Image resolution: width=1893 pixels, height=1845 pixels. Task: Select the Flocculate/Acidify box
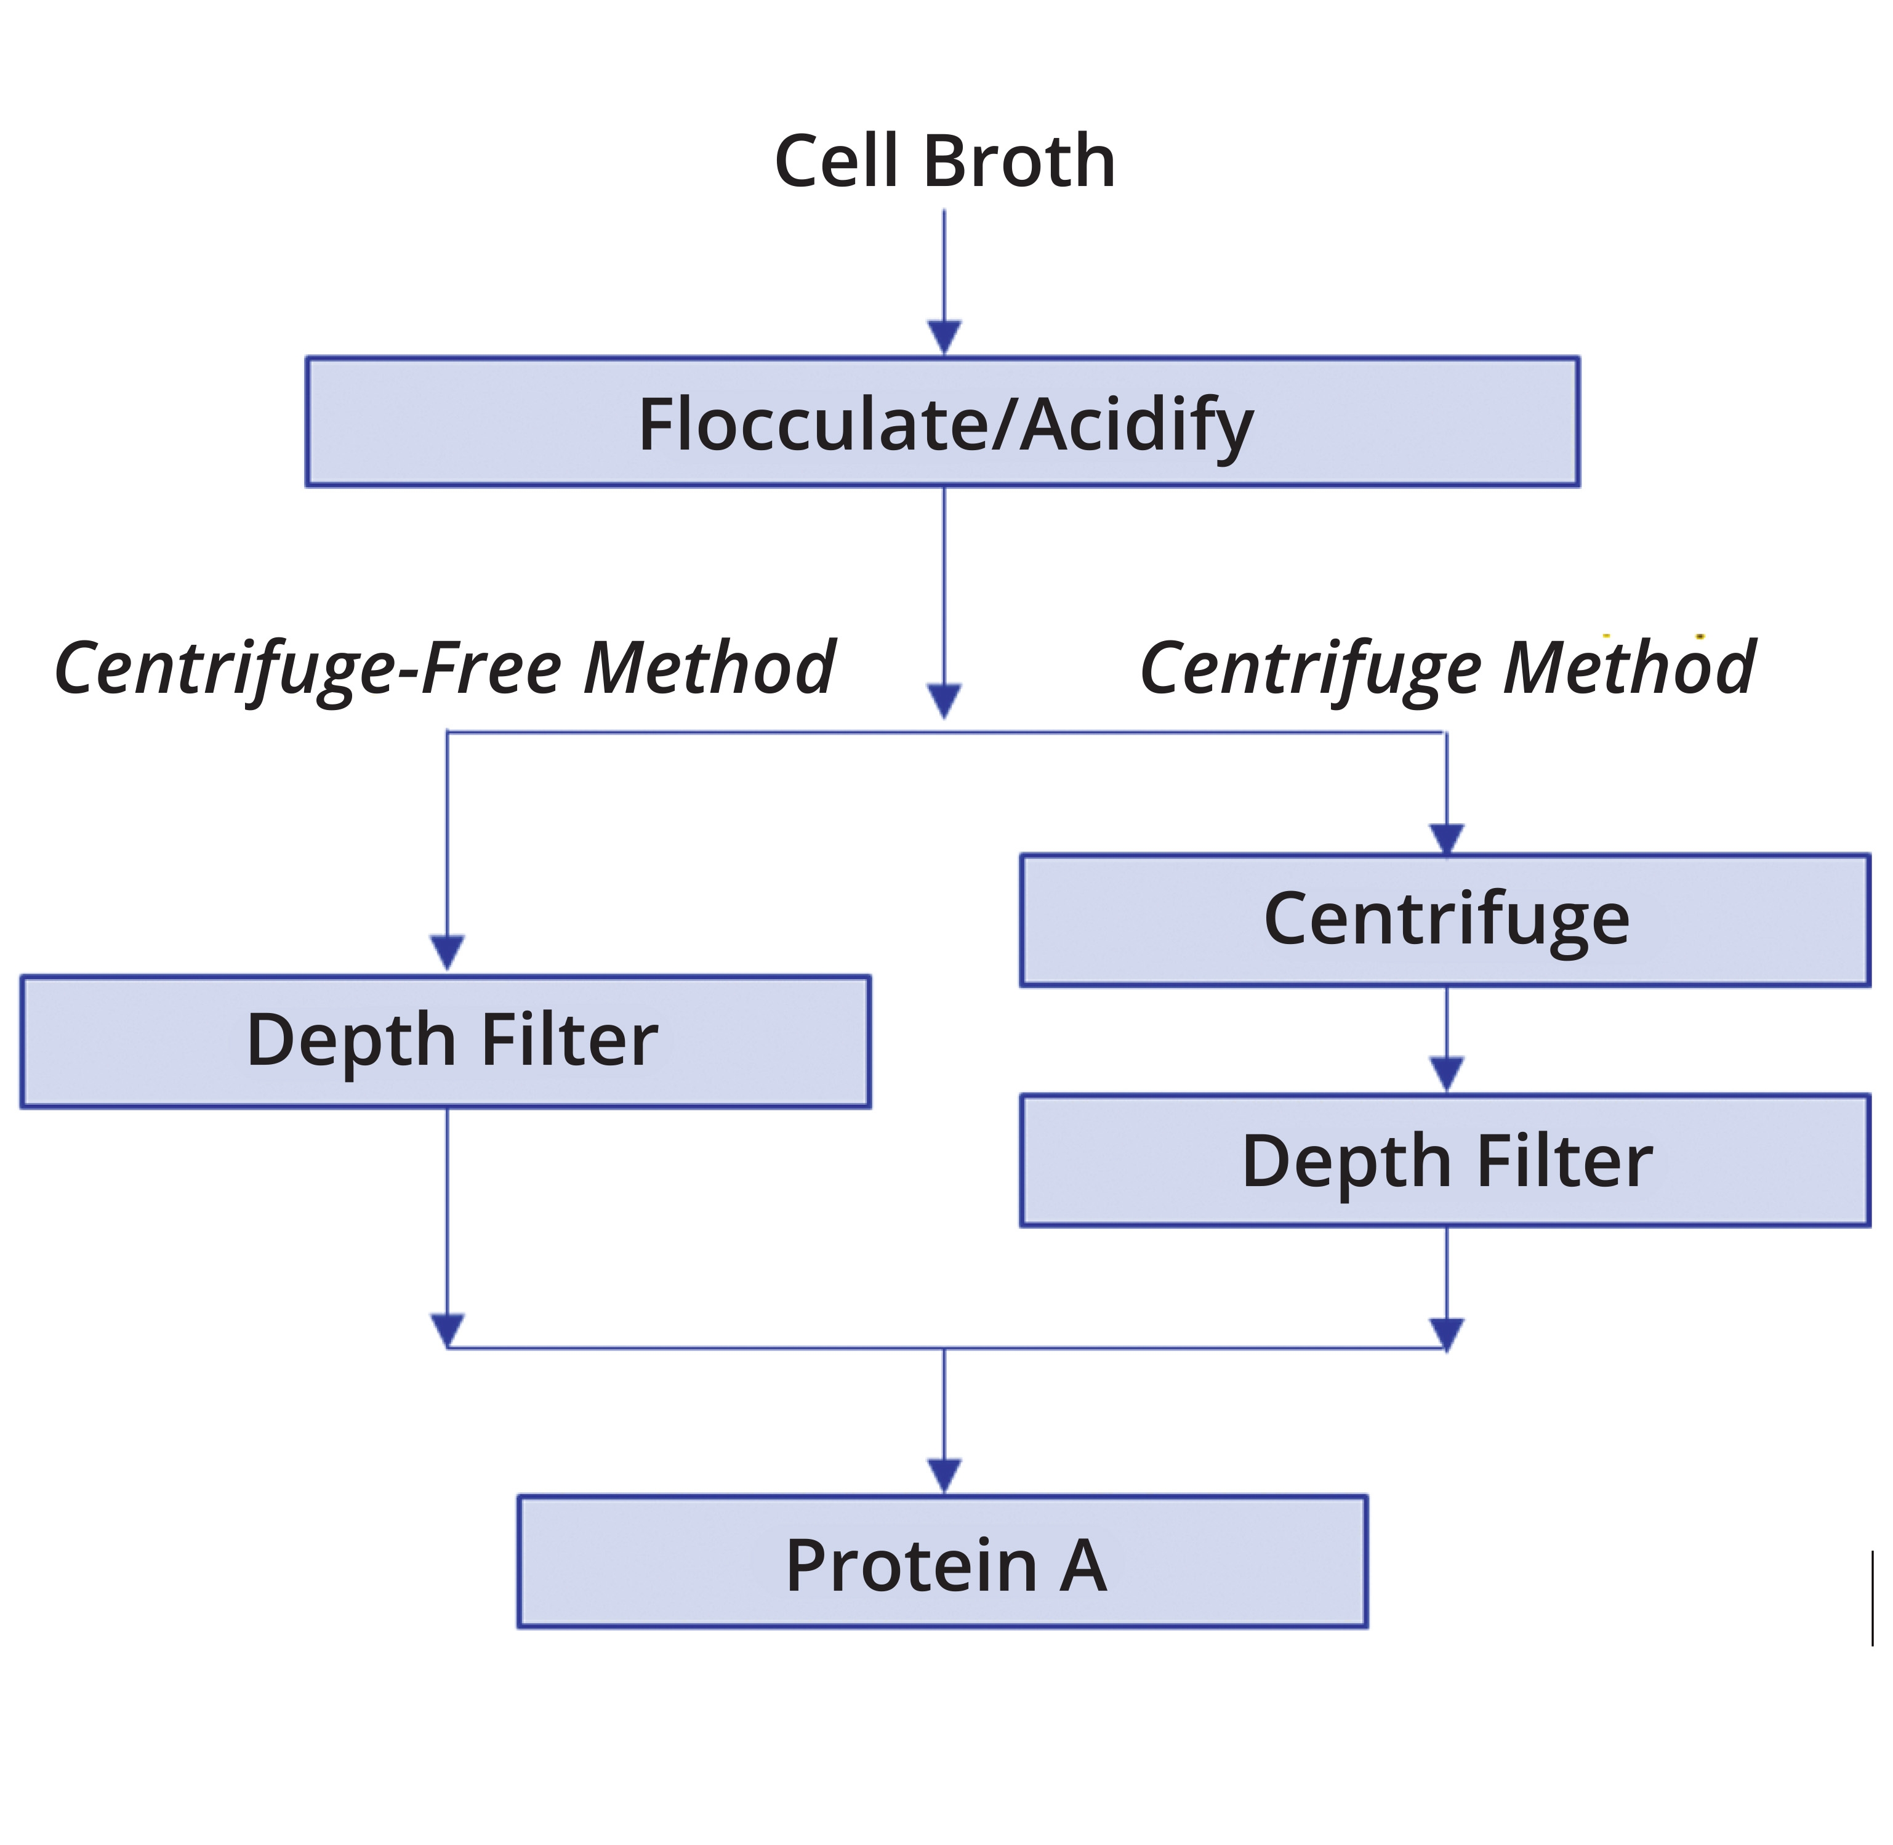coord(942,421)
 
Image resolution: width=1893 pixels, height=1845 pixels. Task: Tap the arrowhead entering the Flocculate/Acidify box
coord(944,337)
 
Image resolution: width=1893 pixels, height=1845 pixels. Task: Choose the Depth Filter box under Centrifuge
coord(1444,1161)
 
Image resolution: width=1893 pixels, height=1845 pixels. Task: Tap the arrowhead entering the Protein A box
coord(944,1476)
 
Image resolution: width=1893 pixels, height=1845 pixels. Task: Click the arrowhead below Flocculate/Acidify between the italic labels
coord(944,700)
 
